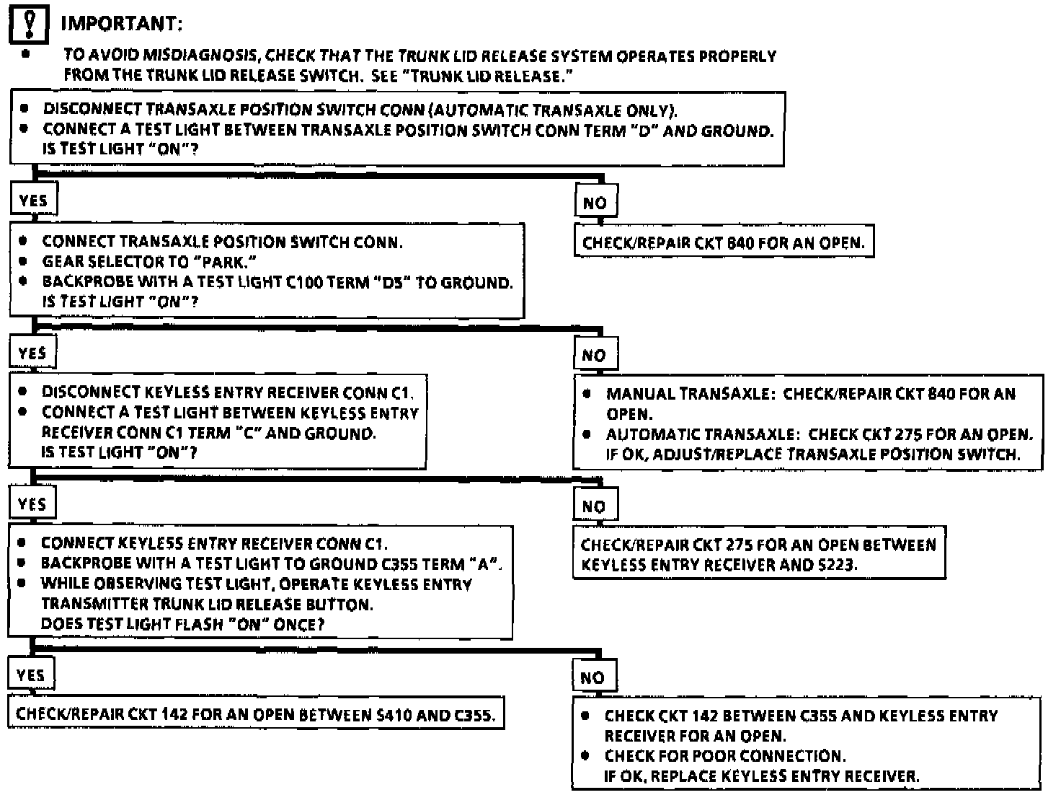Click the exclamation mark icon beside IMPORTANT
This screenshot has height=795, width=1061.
[x=29, y=25]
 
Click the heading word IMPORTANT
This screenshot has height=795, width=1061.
[x=121, y=24]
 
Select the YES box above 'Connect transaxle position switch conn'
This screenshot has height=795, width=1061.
[x=33, y=200]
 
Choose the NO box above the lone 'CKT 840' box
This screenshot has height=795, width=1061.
[x=595, y=203]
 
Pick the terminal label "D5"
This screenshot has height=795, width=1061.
[x=391, y=282]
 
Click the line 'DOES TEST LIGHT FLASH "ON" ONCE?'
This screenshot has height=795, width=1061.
[x=182, y=624]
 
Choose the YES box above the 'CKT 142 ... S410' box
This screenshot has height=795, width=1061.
[x=30, y=675]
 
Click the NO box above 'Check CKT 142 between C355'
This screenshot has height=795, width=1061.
[x=592, y=677]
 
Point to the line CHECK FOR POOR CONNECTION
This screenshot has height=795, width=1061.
[x=724, y=756]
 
